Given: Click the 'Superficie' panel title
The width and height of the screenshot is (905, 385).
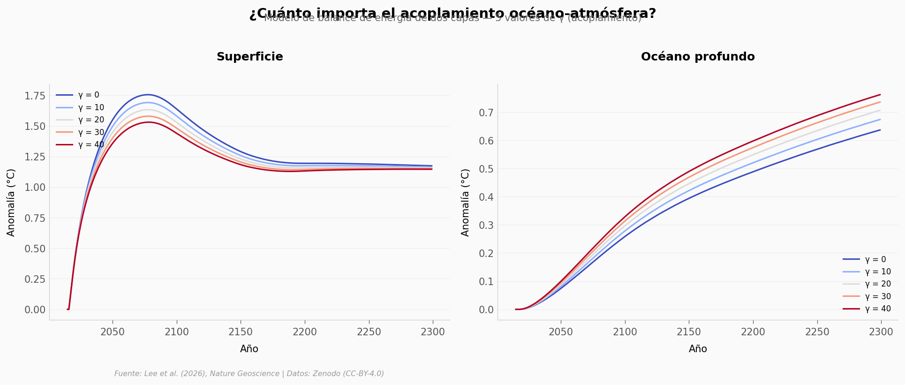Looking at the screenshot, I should click(x=249, y=57).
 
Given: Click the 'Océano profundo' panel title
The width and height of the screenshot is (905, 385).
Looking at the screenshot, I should click(x=698, y=57).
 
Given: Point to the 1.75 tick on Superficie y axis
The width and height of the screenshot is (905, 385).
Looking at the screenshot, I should click(x=35, y=96).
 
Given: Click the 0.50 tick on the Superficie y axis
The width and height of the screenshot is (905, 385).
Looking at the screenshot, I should click(x=35, y=249).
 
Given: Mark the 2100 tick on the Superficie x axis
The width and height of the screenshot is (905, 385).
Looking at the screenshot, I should click(x=177, y=332).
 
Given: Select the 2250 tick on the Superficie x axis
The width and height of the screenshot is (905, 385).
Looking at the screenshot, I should click(x=369, y=332).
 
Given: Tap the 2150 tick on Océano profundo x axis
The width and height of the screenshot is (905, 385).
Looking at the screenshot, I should click(x=689, y=332).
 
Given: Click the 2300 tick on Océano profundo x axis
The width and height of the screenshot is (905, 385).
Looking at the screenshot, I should click(x=881, y=332).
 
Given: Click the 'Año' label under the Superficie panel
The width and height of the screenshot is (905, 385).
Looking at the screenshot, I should click(x=249, y=349).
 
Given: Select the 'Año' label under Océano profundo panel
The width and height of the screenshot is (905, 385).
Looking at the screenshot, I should click(x=698, y=349).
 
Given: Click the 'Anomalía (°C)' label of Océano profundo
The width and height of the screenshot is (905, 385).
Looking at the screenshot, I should click(x=465, y=202).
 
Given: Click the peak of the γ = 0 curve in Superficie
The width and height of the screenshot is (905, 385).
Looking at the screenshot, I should click(x=148, y=95).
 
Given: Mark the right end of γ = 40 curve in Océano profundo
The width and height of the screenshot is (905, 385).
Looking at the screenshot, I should click(x=880, y=95).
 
